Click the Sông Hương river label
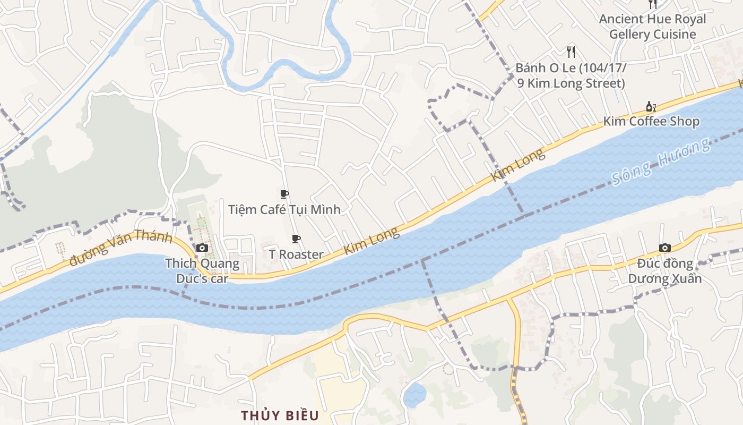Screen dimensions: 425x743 pyautogui.click(x=661, y=161)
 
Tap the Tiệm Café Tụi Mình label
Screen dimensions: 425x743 pyautogui.click(x=284, y=209)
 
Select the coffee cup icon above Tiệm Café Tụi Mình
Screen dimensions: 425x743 pyautogui.click(x=284, y=194)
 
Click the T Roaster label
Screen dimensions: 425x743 pyautogui.click(x=296, y=254)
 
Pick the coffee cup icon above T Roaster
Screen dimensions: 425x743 pyautogui.click(x=296, y=239)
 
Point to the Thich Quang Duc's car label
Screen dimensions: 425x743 pyautogui.click(x=202, y=271)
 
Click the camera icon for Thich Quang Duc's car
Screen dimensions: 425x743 pyautogui.click(x=202, y=248)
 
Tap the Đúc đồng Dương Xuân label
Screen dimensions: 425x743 pyautogui.click(x=665, y=271)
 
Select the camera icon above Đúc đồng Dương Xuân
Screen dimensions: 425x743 pyautogui.click(x=664, y=248)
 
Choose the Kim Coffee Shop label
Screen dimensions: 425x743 pyautogui.click(x=651, y=121)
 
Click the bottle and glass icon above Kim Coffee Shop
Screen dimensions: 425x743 pyautogui.click(x=651, y=106)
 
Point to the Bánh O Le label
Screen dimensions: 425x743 pyautogui.click(x=571, y=76)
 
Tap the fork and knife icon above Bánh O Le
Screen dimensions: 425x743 pyautogui.click(x=571, y=52)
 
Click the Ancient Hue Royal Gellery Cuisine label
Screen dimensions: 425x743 pyautogui.click(x=652, y=27)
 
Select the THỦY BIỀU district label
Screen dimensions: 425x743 pyautogui.click(x=280, y=415)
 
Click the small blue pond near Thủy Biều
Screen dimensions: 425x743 pyautogui.click(x=414, y=395)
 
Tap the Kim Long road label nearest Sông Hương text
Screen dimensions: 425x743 pyautogui.click(x=519, y=165)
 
